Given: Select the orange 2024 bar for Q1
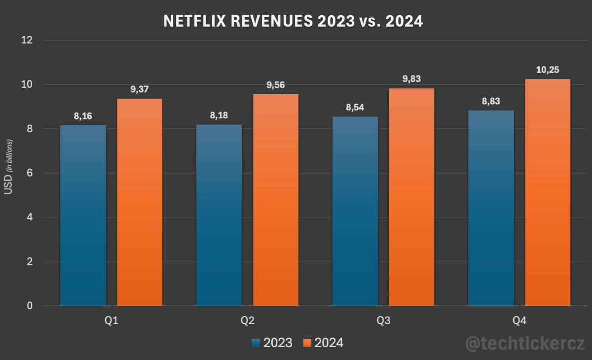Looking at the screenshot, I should point(140,202).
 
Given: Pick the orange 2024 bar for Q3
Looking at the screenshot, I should point(412,197).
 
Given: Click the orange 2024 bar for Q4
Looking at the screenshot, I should point(548,192).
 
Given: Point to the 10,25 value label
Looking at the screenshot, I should point(548,70).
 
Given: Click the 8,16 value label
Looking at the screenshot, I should point(83,116).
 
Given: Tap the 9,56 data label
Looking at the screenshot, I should point(276,85).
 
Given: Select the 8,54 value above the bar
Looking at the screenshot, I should point(355,108).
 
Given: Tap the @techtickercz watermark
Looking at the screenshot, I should point(525,343).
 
